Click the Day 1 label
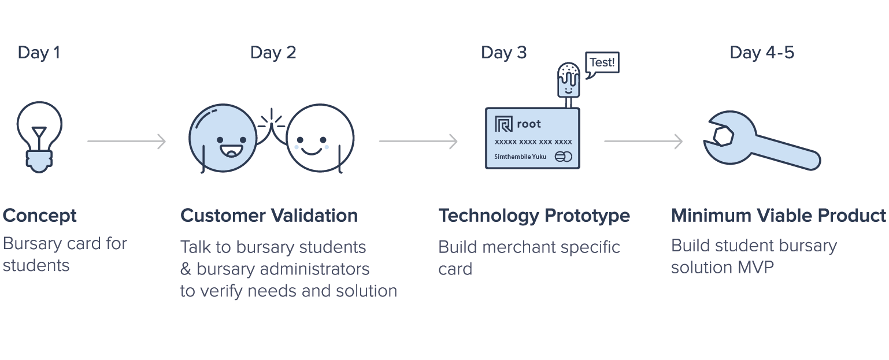tap(39, 53)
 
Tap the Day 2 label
tap(273, 53)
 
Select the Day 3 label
tap(503, 53)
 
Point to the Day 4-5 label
tap(762, 53)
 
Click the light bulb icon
tap(39, 137)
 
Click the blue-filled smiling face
tap(223, 138)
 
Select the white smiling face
tap(320, 138)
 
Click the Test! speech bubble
tap(602, 64)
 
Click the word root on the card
tap(529, 124)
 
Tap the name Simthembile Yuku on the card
tap(520, 157)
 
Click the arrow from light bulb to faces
tap(127, 142)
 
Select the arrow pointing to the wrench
tap(643, 142)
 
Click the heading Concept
tap(40, 216)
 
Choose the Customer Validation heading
tap(269, 216)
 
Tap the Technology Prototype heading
tap(534, 216)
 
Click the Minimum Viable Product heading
tap(778, 216)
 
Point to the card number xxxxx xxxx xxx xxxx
tap(533, 142)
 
